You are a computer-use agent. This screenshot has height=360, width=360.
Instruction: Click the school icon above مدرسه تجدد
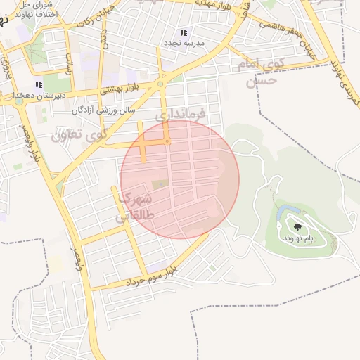coord(184,32)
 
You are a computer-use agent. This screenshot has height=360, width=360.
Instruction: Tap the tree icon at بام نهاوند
coord(297,227)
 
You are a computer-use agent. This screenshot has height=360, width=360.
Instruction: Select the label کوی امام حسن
coord(262,72)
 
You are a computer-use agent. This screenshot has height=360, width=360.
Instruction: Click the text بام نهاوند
coord(298,239)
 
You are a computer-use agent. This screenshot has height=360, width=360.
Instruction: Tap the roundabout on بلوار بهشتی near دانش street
coord(160,84)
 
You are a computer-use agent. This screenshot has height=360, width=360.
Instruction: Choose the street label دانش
coord(103,38)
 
